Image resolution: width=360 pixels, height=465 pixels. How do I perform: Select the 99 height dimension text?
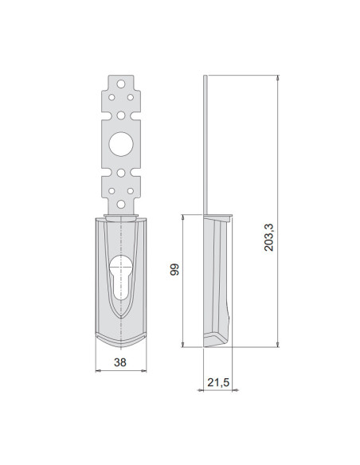[x=174, y=269]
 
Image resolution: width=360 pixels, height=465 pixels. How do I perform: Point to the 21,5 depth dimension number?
[x=218, y=383]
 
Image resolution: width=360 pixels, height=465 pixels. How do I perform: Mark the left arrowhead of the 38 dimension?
[x=97, y=370]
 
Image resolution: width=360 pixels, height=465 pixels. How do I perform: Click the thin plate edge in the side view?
[x=207, y=143]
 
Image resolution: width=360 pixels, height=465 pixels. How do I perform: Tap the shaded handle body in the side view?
[x=217, y=279]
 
